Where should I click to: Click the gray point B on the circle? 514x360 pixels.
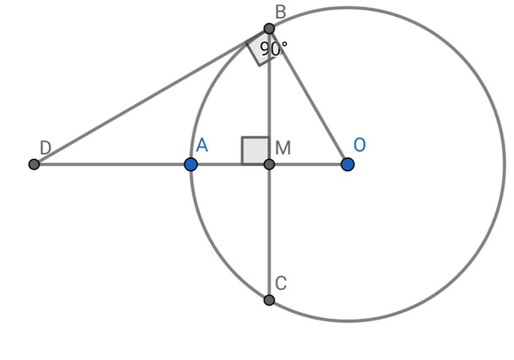coord(269,29)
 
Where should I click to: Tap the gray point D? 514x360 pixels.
coord(34,164)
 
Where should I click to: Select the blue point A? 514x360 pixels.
coord(191,164)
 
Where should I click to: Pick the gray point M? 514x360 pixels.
coord(269,164)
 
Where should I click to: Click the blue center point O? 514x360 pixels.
coord(347,164)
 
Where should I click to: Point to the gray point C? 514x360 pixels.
coord(269,300)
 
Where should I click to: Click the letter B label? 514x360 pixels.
coord(281,12)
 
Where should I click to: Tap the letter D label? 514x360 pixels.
coord(45,148)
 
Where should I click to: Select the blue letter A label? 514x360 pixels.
coord(202,145)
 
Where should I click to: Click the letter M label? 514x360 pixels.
coord(283,148)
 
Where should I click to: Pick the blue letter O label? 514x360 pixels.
coord(359,145)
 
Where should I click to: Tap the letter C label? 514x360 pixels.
coord(281,283)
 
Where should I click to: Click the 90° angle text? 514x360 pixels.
coord(274,49)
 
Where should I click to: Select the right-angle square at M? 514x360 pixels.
coord(255,151)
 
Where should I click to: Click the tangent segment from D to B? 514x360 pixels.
coord(152,96)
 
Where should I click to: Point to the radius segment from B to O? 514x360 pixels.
coord(308,96)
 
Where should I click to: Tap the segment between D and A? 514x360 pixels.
coord(112,164)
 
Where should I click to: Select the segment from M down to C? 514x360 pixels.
coord(269,232)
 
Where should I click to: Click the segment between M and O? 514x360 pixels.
coord(308,164)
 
